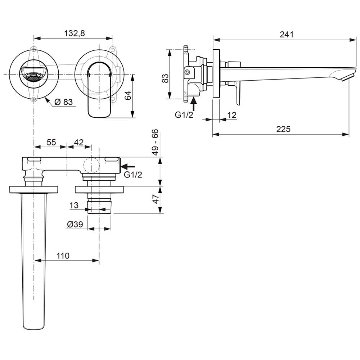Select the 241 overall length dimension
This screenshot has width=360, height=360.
287,34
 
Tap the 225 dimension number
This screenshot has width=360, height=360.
283,129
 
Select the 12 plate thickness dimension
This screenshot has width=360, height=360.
232,115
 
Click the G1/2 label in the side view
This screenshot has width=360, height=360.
184,115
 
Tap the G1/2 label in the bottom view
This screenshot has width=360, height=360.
133,175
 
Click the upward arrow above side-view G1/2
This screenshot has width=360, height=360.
194,104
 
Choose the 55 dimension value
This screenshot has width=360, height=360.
51,142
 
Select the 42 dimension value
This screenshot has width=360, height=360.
78,142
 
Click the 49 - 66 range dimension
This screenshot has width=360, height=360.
155,142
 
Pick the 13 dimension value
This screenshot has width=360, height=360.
74,205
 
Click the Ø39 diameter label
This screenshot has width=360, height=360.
75,224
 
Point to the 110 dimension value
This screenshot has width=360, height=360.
63,256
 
